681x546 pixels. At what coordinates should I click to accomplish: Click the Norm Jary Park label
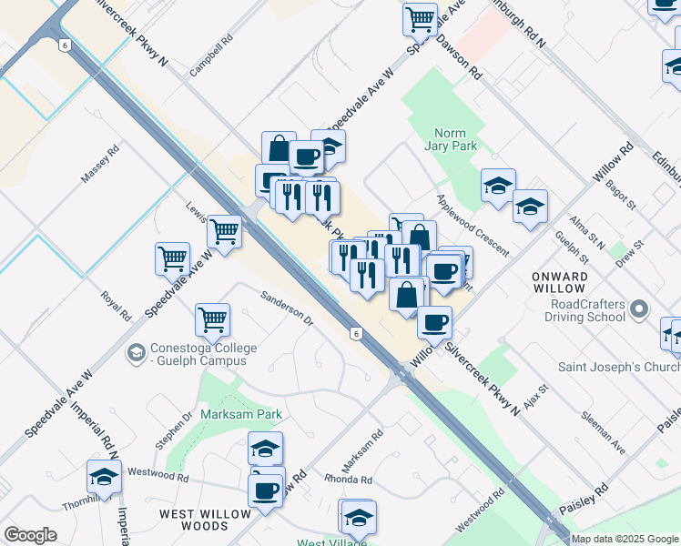point(451,138)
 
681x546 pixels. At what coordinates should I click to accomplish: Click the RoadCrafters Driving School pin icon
point(640,308)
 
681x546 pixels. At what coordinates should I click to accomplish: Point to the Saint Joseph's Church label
point(620,367)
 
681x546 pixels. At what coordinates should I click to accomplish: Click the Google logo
point(30,535)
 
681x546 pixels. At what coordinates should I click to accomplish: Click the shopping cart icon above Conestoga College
point(212,319)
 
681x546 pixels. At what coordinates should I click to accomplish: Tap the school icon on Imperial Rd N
point(105,477)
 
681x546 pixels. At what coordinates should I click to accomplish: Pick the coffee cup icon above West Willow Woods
point(266,490)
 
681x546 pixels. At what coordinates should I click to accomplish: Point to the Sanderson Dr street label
point(286,308)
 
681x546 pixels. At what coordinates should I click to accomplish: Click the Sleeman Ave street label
point(605,434)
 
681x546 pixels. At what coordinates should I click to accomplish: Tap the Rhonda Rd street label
point(353,480)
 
